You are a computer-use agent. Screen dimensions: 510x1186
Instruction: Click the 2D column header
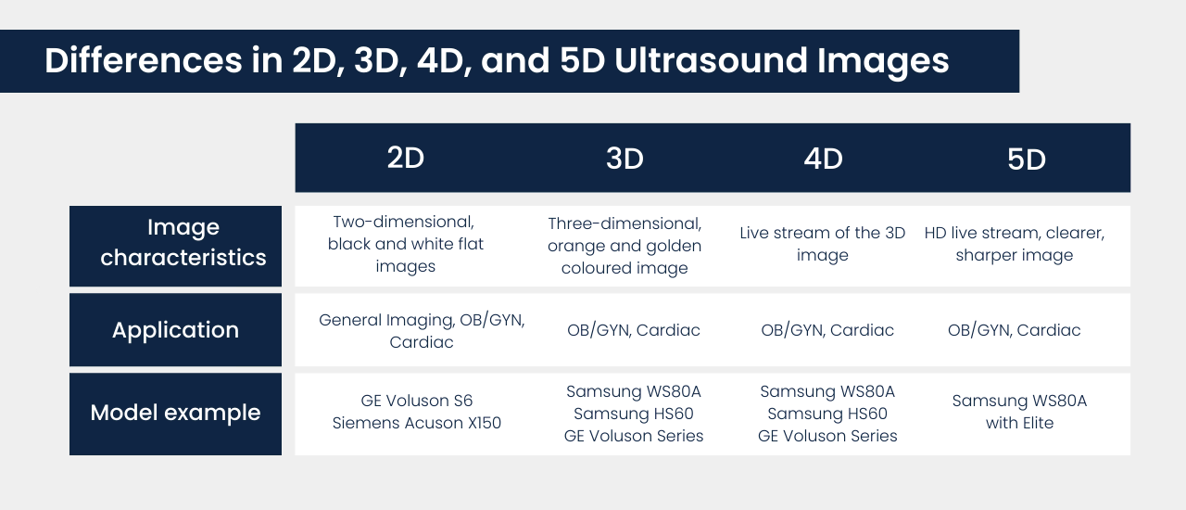pyautogui.click(x=406, y=159)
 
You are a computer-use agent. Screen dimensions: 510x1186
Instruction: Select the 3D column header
pyautogui.click(x=625, y=159)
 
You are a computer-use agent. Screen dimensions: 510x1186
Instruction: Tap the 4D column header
pyautogui.click(x=823, y=159)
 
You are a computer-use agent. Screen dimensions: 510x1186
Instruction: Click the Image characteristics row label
pyautogui.click(x=183, y=243)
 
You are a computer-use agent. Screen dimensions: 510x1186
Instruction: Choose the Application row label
pyautogui.click(x=175, y=330)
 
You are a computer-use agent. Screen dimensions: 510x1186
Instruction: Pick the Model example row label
pyautogui.click(x=175, y=413)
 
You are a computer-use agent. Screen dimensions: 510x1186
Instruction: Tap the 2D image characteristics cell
pyautogui.click(x=406, y=244)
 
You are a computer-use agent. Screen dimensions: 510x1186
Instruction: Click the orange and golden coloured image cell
pyautogui.click(x=625, y=246)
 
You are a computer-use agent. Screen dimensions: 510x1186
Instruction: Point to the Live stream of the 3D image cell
pyautogui.click(x=823, y=244)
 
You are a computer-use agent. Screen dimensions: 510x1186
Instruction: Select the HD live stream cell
pyautogui.click(x=1015, y=244)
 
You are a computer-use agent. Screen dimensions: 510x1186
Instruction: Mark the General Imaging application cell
pyautogui.click(x=422, y=330)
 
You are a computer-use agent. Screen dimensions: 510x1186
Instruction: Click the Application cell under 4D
pyautogui.click(x=827, y=330)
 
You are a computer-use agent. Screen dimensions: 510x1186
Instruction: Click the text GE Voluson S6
pyautogui.click(x=417, y=401)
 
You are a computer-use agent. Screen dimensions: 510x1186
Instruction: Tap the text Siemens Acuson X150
pyautogui.click(x=417, y=423)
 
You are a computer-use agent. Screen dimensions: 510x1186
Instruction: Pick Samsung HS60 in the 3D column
pyautogui.click(x=634, y=414)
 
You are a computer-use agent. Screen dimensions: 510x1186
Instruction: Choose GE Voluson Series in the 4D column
pyautogui.click(x=827, y=436)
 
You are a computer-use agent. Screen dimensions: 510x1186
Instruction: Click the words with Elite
pyautogui.click(x=1020, y=423)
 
